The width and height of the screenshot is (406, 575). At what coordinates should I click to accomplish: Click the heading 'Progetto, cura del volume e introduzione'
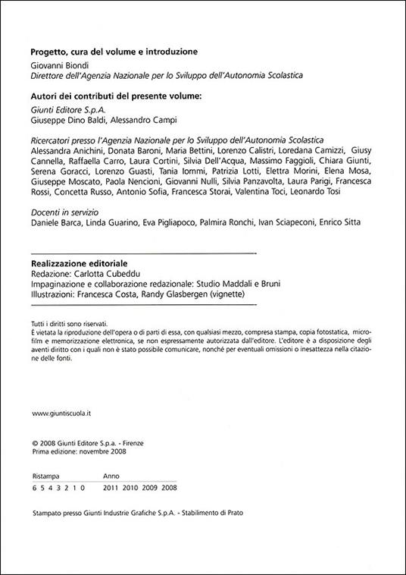pos(114,52)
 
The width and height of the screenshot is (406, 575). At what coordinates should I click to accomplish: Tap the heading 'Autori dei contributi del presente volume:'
pos(116,97)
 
